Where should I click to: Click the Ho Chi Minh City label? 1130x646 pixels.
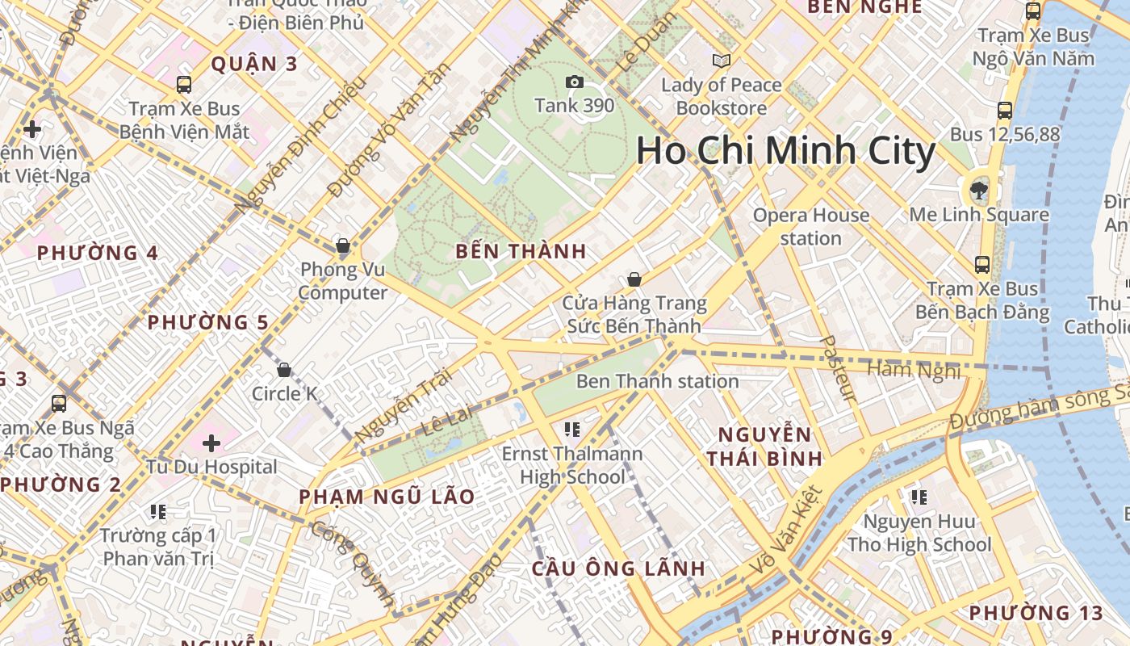pos(785,151)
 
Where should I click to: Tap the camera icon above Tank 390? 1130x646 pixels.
pos(575,82)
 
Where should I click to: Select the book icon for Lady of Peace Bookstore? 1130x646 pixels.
pos(721,61)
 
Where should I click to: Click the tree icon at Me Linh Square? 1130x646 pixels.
pos(979,191)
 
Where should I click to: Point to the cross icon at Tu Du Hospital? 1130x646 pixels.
pos(211,443)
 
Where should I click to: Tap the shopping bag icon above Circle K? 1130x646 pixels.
pos(284,370)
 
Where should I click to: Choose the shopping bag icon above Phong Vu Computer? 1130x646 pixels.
pos(343,245)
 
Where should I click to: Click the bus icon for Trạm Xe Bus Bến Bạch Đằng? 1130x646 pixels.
pos(982,264)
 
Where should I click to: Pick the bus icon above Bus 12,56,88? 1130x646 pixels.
pos(1005,111)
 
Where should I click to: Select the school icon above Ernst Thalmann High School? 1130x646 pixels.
pos(572,430)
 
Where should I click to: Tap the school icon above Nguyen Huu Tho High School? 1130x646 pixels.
pos(919,497)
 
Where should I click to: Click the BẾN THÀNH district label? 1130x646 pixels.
pos(521,251)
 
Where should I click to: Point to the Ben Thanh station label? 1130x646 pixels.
pos(657,381)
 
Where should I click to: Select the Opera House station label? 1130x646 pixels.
pos(810,226)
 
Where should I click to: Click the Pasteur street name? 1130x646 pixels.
pos(837,368)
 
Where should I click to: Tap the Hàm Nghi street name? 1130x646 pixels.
pos(914,370)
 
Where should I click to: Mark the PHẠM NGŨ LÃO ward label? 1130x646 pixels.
pos(387,497)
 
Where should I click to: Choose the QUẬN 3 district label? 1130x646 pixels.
pos(254,64)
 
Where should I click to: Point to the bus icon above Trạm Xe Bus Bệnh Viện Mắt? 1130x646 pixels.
pos(184,84)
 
